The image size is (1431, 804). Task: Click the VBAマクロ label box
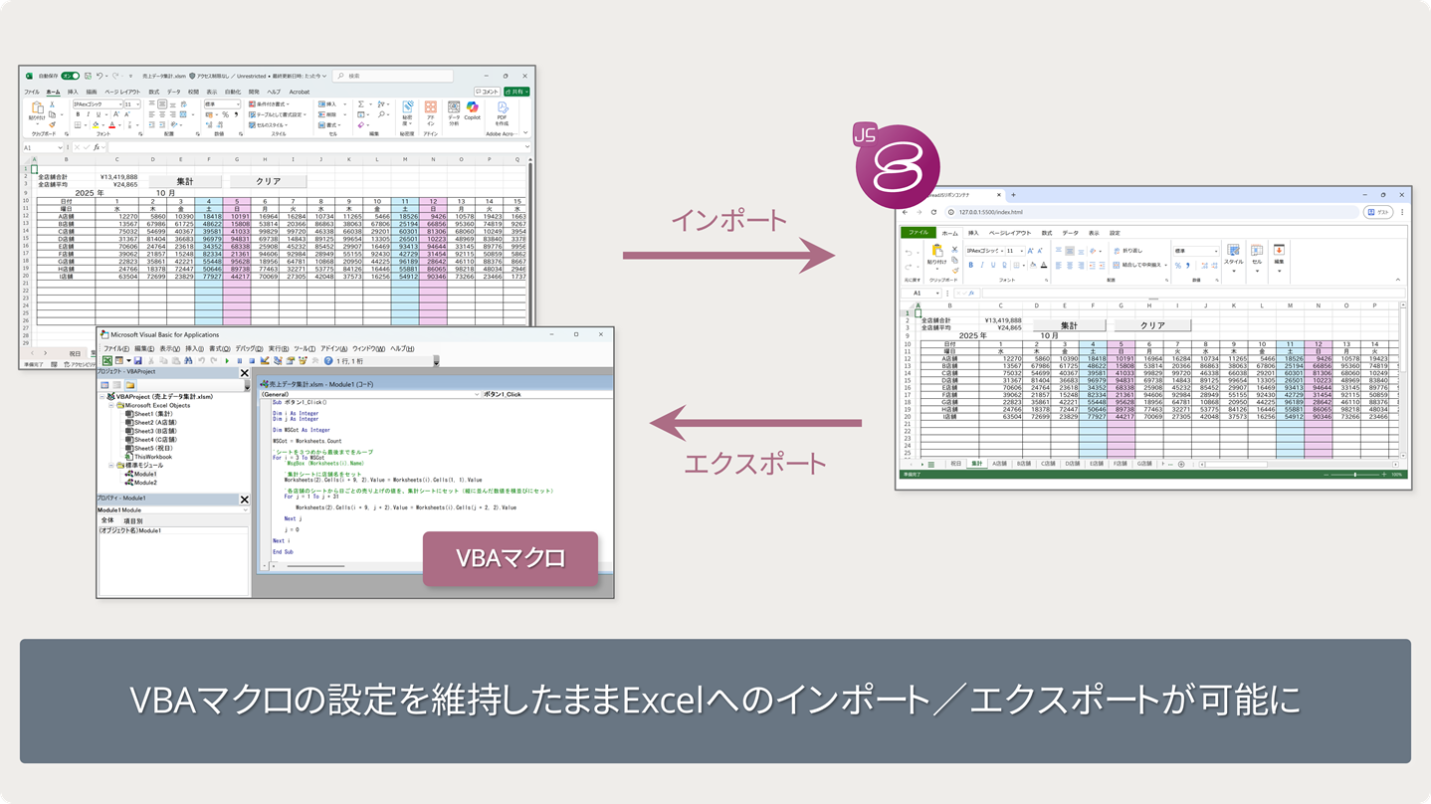pyautogui.click(x=511, y=558)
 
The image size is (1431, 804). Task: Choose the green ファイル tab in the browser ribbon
pyautogui.click(x=918, y=233)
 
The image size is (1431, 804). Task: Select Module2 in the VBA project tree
pyautogui.click(x=145, y=483)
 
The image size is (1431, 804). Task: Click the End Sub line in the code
pyautogui.click(x=283, y=551)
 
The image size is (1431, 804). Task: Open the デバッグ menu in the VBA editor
pyautogui.click(x=248, y=349)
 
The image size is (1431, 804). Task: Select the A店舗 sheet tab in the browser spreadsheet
pyautogui.click(x=999, y=464)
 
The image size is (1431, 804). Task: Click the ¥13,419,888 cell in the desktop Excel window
pyautogui.click(x=118, y=177)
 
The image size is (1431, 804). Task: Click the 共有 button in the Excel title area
pyautogui.click(x=517, y=92)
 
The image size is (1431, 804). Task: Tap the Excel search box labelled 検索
pyautogui.click(x=393, y=76)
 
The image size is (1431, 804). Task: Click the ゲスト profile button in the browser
pyautogui.click(x=1378, y=212)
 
